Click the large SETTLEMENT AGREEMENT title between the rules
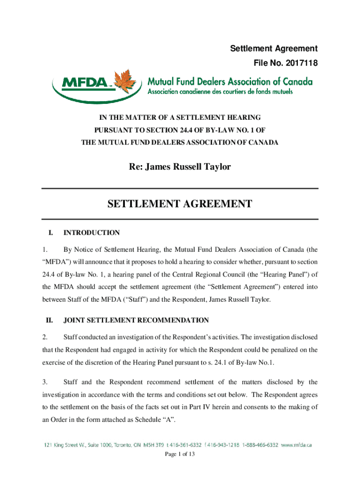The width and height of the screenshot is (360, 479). point(180,204)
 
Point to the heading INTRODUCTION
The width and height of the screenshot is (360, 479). point(92,232)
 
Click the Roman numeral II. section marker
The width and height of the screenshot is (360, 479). point(49,320)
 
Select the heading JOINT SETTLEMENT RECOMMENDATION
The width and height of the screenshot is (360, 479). point(136,320)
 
